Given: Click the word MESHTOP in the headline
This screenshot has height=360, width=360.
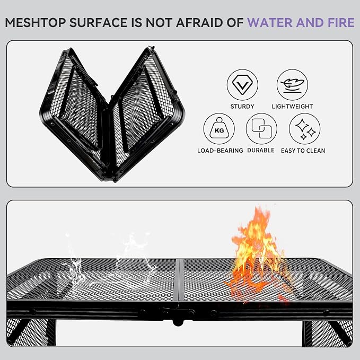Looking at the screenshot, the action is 36,23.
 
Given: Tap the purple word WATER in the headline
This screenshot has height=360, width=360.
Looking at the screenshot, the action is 269,23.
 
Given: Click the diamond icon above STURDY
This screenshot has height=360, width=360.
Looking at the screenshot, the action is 242,85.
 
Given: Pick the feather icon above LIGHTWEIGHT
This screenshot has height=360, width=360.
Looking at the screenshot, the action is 292,85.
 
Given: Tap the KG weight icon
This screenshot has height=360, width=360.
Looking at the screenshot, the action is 219,128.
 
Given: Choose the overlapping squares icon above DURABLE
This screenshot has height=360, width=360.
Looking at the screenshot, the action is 261,128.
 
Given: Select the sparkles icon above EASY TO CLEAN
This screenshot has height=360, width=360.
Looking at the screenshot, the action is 305,128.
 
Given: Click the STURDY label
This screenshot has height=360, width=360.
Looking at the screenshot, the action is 242,107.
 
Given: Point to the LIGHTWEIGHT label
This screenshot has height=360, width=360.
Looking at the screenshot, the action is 292,107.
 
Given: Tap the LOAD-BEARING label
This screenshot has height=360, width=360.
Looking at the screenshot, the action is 220,151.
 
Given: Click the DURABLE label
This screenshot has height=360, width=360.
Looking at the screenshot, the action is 261,151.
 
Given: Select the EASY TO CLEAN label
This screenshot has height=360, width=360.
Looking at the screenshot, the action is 303,151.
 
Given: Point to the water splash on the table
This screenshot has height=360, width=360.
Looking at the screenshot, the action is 110,262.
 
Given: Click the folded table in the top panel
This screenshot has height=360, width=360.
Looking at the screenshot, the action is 112,114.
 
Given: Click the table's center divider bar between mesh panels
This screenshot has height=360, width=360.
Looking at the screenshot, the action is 179,280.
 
